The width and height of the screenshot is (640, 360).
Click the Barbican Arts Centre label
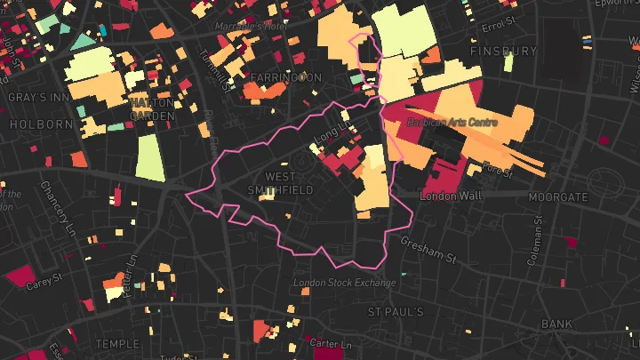point(452,122)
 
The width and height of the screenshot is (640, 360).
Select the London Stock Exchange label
point(345,283)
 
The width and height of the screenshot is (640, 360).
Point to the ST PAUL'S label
point(396,312)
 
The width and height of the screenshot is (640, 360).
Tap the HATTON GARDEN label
point(152,108)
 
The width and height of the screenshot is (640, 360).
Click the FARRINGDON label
point(285,78)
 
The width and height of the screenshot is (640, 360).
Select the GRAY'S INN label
point(33,96)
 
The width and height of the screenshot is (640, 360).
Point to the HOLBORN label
point(41,124)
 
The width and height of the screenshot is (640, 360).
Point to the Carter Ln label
point(335,343)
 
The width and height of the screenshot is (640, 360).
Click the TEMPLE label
point(119,343)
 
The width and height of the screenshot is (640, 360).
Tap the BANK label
point(557,324)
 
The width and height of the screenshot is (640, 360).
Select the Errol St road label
point(499,20)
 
